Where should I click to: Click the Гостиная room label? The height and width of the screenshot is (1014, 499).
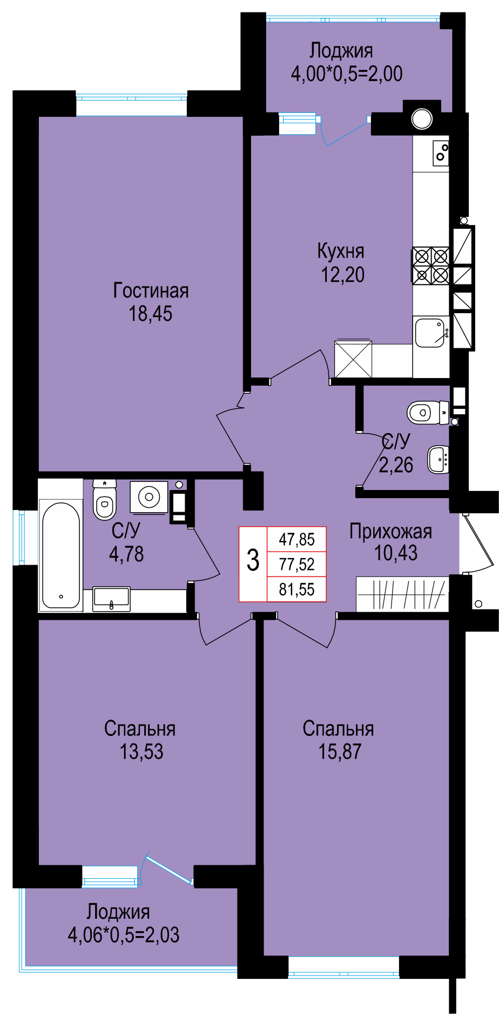[151, 291]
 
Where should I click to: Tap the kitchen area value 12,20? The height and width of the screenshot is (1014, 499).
[343, 275]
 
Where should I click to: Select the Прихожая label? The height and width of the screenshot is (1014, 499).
[391, 532]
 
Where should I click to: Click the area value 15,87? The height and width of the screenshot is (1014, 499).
[340, 751]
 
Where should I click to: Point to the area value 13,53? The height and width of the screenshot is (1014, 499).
[141, 751]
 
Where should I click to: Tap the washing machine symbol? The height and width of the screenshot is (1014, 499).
[149, 496]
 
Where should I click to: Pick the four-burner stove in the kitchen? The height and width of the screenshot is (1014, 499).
[431, 266]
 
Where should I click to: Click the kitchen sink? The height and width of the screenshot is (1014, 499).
[430, 332]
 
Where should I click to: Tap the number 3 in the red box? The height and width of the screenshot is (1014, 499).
[253, 560]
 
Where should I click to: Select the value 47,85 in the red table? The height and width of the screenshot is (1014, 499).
[297, 539]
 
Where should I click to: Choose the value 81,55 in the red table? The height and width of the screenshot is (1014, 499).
[297, 589]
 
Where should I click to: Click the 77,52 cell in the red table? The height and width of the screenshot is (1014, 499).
[297, 564]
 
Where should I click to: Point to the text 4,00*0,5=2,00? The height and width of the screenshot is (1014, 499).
[347, 74]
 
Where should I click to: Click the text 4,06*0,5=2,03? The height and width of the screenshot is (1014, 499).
[124, 935]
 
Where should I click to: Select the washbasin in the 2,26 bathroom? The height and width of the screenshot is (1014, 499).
[439, 459]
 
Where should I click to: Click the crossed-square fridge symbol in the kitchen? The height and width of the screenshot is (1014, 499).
[353, 359]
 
